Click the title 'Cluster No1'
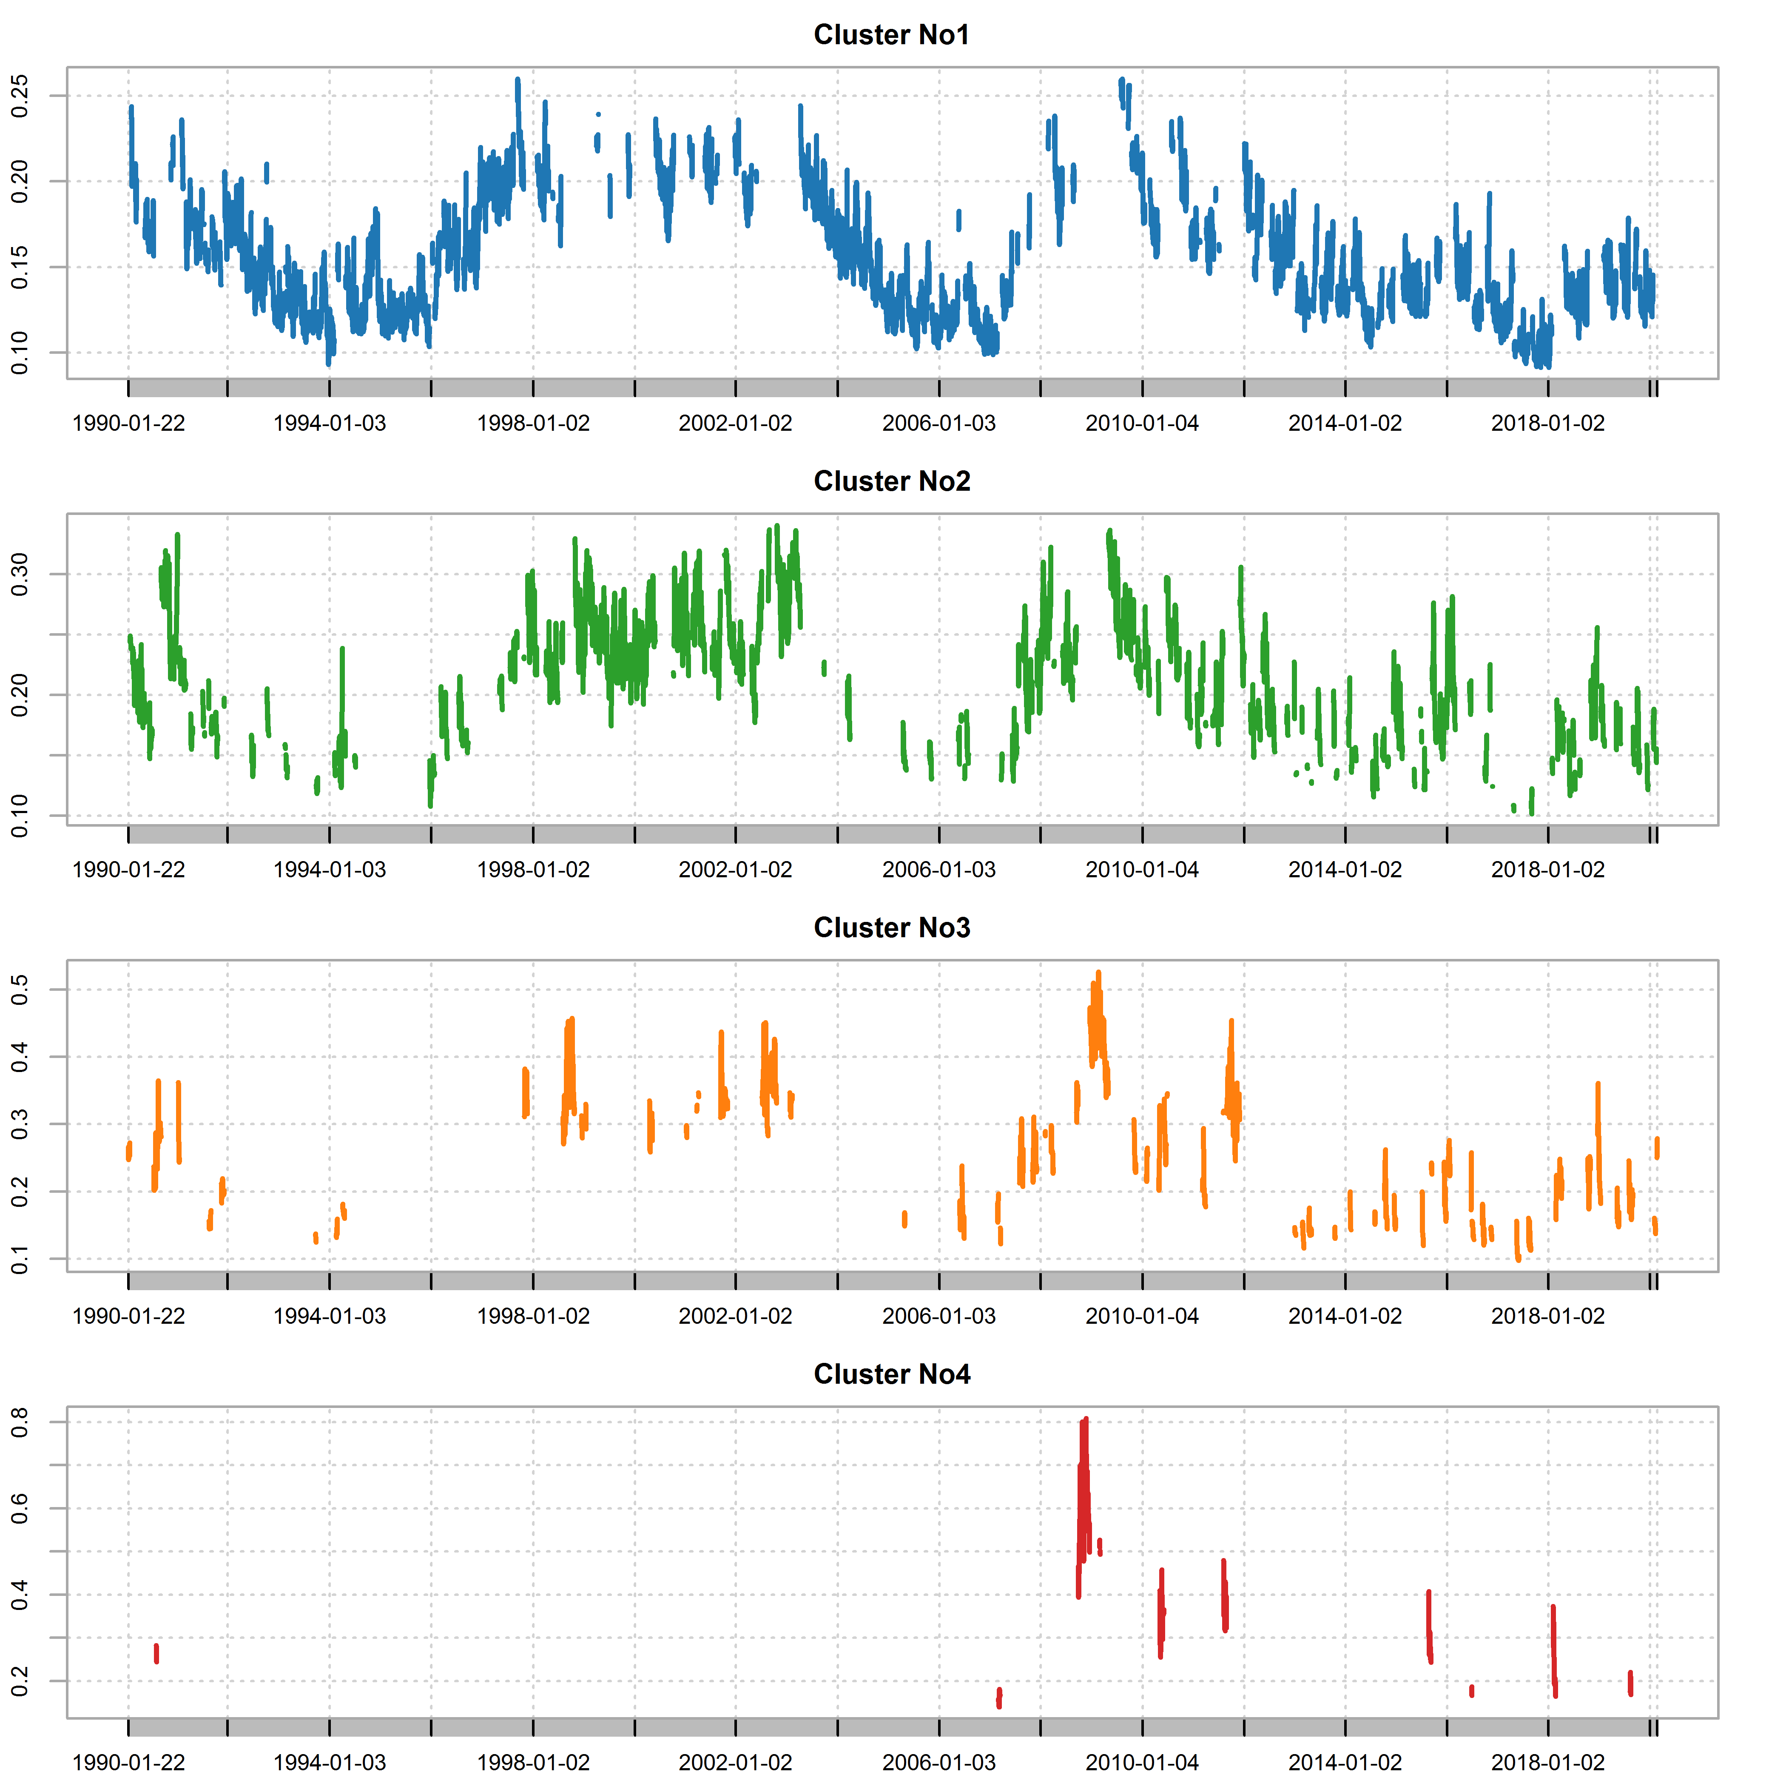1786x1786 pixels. (891, 35)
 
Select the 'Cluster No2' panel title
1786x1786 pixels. (891, 482)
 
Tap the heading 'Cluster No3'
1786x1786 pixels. (891, 928)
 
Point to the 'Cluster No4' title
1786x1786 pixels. (891, 1375)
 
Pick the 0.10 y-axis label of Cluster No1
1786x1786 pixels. (20, 353)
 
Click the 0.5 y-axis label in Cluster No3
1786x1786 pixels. (20, 990)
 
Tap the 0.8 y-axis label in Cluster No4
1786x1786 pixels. (20, 1423)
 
